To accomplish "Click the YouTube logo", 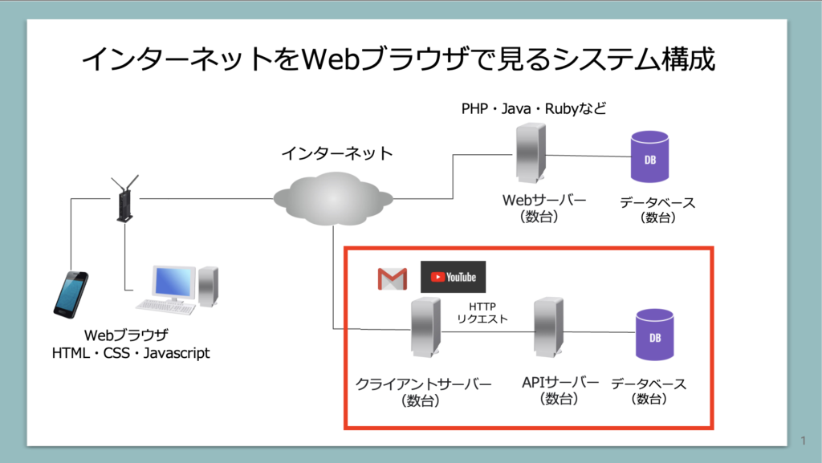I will pyautogui.click(x=454, y=277).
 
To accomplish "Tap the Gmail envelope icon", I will pyautogui.click(x=393, y=278).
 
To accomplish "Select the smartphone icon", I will pyautogui.click(x=71, y=294).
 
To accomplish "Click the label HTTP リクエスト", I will pyautogui.click(x=482, y=313).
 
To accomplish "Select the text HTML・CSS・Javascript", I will pyautogui.click(x=131, y=352).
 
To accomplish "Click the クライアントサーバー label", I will pyautogui.click(x=423, y=384).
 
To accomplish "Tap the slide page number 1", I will pyautogui.click(x=804, y=441).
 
